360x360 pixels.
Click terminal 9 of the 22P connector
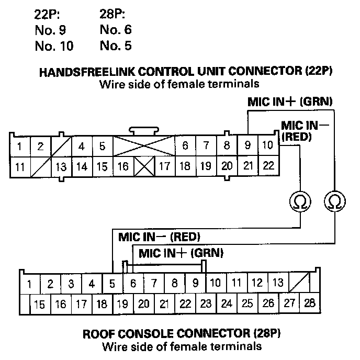[248, 145]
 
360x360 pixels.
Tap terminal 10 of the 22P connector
[267, 145]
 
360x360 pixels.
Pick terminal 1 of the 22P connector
[19, 147]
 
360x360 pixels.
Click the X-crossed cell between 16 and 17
[143, 167]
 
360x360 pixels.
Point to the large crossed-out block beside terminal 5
[144, 145]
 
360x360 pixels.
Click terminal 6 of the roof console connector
[133, 284]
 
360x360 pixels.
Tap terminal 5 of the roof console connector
[113, 284]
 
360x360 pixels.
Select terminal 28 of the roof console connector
[310, 303]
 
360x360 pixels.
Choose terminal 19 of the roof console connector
[123, 303]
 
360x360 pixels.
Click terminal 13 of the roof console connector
[278, 283]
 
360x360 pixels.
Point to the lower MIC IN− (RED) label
[160, 235]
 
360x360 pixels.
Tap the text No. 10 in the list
[54, 46]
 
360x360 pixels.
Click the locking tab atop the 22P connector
[144, 129]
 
